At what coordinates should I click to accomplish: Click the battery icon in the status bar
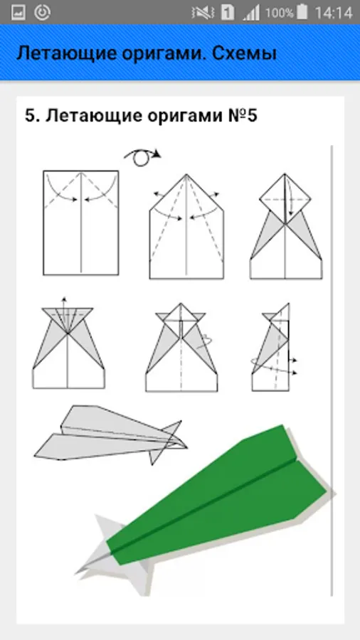(302, 12)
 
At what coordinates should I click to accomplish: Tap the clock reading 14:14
(334, 13)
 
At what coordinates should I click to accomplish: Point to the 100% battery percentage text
(280, 13)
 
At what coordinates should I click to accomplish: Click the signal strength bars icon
(251, 13)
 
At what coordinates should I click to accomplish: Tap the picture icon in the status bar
(18, 13)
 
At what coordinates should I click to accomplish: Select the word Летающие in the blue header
(66, 54)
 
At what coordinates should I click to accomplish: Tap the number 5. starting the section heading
(32, 116)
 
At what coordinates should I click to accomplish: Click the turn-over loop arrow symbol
(142, 157)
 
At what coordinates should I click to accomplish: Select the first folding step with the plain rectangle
(81, 223)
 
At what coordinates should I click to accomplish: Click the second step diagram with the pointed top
(186, 227)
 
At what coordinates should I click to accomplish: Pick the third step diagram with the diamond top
(286, 226)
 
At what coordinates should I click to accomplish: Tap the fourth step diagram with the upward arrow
(68, 343)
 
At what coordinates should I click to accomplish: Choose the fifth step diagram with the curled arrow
(181, 347)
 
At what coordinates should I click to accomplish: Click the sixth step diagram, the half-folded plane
(272, 347)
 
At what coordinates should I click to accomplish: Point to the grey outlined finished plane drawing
(110, 434)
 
